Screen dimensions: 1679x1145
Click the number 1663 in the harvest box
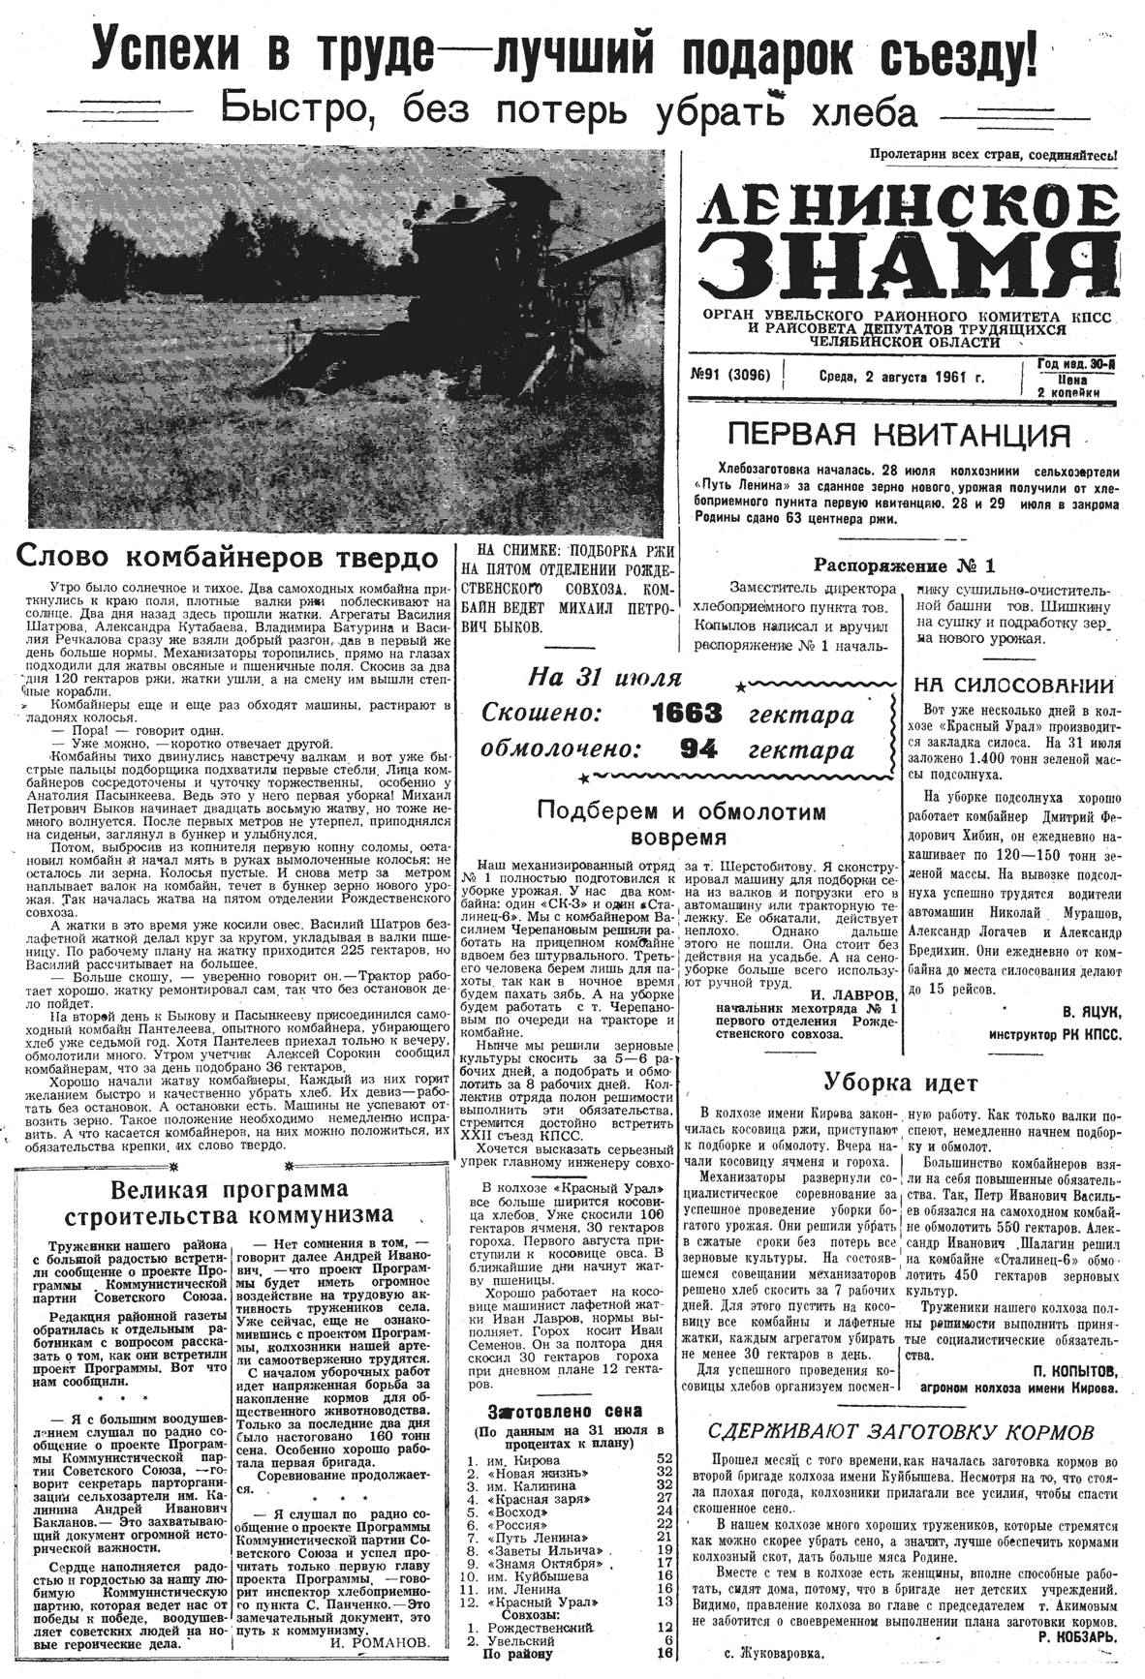coord(687,715)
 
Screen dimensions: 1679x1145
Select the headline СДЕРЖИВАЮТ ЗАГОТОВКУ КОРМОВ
coord(901,1432)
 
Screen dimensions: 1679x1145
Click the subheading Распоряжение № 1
coord(903,565)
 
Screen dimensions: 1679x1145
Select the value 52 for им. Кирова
coord(665,1457)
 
